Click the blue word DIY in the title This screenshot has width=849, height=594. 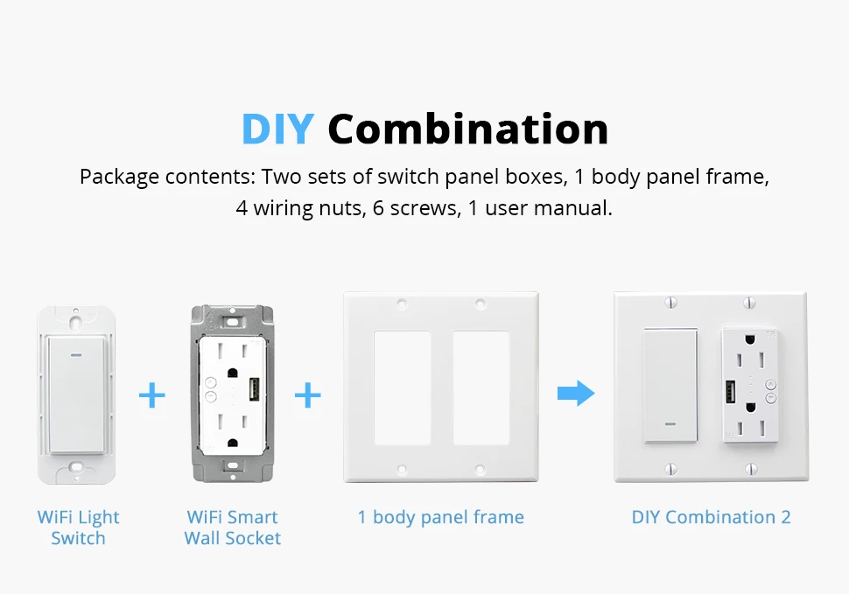277,129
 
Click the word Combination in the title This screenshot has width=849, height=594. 467,129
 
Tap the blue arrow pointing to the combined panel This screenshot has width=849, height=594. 575,394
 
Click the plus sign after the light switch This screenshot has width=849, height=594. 152,395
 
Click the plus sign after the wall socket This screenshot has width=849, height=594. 307,395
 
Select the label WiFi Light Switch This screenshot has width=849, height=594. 78,528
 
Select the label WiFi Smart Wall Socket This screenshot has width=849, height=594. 232,528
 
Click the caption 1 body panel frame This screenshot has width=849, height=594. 440,517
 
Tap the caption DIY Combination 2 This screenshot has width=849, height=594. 711,517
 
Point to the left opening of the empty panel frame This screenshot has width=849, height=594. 402,388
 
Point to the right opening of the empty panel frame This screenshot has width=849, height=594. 481,388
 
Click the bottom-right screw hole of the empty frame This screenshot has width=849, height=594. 479,470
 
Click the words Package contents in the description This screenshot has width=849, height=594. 165,177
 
